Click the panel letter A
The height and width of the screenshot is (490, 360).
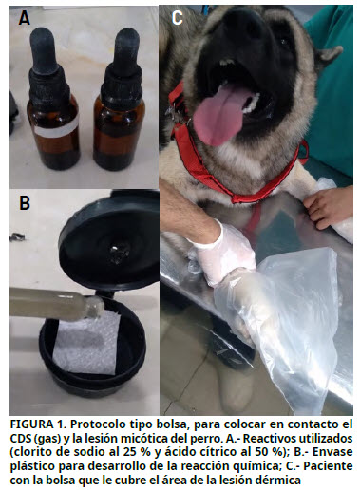point(25,18)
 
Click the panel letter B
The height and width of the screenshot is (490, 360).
point(25,203)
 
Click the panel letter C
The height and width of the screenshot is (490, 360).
point(177,18)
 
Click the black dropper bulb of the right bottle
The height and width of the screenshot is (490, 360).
point(126,47)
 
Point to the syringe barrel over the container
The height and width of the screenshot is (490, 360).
point(55,304)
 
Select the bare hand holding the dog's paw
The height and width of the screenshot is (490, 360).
point(329,206)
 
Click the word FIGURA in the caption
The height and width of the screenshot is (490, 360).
point(31,424)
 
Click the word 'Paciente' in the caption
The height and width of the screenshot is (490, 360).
point(328,466)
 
